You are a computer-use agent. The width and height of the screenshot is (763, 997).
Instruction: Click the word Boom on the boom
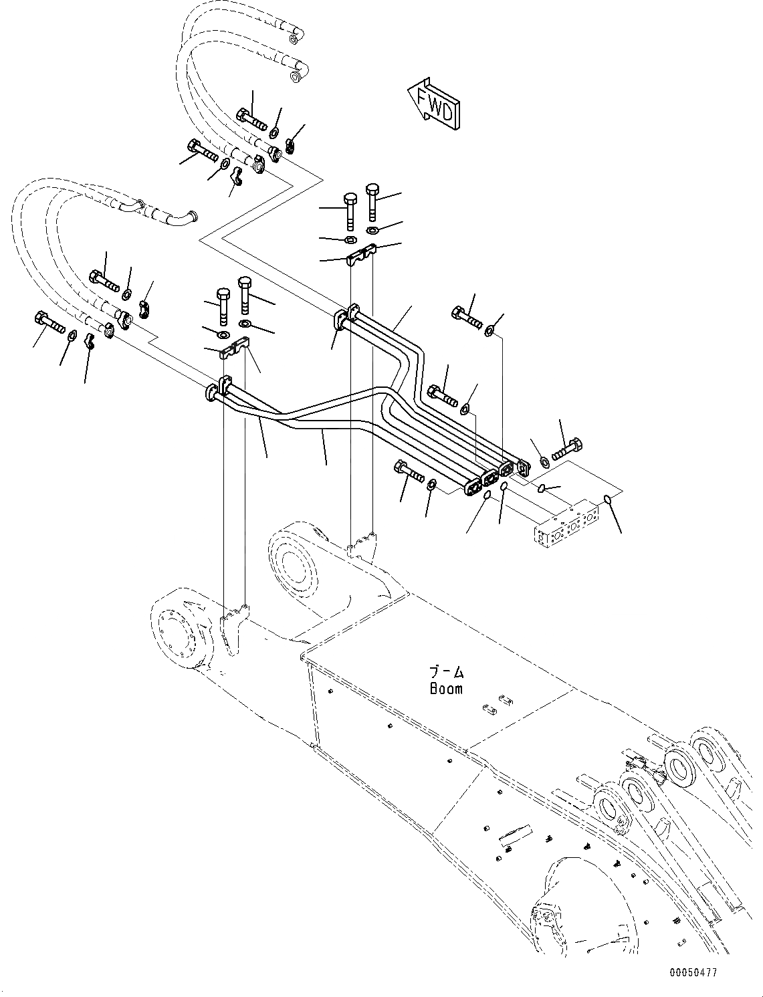pyautogui.click(x=446, y=688)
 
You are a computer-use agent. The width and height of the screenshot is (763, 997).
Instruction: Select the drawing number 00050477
pyautogui.click(x=692, y=972)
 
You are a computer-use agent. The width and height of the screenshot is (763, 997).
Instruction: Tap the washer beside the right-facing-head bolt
pyautogui.click(x=543, y=461)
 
